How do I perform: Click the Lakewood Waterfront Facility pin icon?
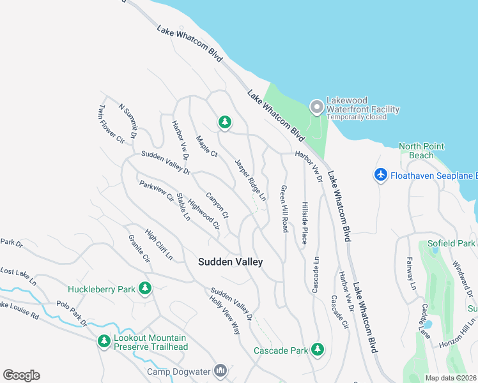316,105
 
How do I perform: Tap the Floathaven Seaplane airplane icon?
381,175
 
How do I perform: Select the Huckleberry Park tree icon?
146,289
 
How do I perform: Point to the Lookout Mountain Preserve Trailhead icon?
104,342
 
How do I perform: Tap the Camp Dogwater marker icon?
220,370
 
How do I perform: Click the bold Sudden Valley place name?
230,262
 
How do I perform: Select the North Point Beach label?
421,151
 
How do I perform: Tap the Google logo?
21,375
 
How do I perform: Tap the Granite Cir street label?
138,251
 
